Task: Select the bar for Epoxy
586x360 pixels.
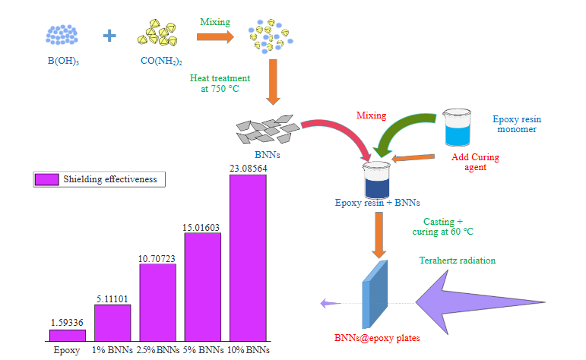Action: point(67,335)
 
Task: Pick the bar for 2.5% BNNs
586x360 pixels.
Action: point(157,302)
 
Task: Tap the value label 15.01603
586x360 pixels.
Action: point(202,226)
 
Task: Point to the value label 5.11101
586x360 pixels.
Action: point(112,298)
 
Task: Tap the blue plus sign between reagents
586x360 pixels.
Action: point(110,35)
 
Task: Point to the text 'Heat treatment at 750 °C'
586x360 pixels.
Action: point(220,83)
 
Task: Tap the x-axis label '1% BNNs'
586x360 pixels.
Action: point(112,350)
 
